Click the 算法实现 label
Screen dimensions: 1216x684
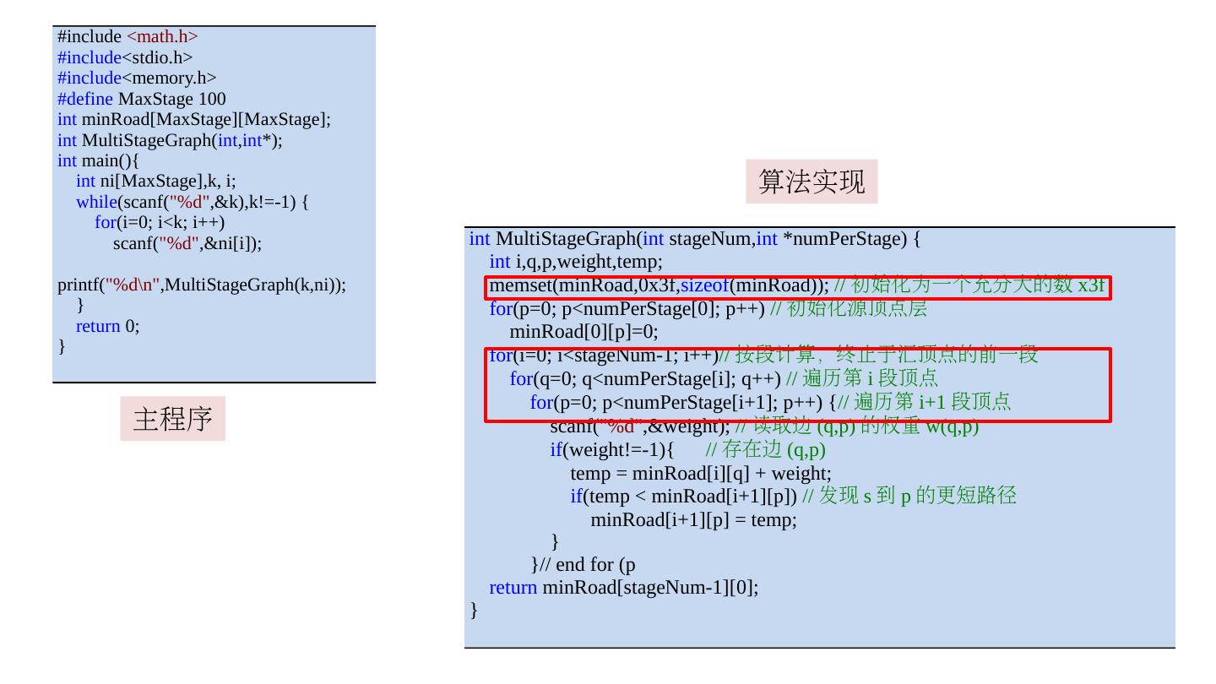pos(811,182)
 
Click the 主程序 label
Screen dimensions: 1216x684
pos(172,418)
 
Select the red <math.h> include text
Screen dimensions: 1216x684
pos(162,36)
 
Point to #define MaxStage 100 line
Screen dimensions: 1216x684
pos(142,99)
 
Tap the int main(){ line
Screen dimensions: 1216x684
pos(99,160)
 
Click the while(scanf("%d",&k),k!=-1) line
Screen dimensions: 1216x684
pos(193,202)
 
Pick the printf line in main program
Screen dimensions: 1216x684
pos(202,285)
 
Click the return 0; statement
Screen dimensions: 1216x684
pos(108,326)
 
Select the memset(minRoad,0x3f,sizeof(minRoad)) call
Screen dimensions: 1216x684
pos(659,285)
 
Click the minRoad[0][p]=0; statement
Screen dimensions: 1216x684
pos(584,331)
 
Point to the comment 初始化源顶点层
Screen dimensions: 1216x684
pos(856,309)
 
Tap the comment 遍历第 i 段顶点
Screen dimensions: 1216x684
pos(870,377)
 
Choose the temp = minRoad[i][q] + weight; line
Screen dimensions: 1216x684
pos(701,473)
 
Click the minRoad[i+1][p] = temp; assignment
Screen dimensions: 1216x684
pos(693,519)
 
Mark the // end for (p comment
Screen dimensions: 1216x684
pos(593,564)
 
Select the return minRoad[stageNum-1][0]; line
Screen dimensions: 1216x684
pos(624,587)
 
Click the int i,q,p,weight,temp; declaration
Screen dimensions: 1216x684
pos(576,262)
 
